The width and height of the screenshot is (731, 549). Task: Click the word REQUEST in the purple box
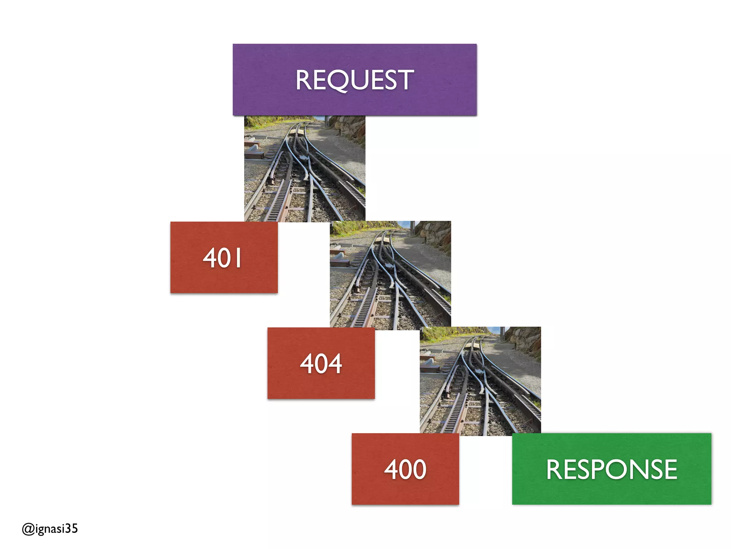point(354,80)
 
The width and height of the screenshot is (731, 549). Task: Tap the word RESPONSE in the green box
point(611,469)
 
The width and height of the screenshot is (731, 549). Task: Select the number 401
point(222,258)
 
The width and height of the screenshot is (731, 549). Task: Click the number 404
point(321,363)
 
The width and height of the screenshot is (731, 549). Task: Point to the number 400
point(405,469)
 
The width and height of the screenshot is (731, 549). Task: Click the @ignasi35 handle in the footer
point(50,528)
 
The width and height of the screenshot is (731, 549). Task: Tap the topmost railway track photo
point(304,168)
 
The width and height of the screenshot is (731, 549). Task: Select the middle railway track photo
point(390,274)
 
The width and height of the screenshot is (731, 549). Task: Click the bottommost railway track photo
point(480,381)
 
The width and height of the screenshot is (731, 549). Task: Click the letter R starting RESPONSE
point(554,469)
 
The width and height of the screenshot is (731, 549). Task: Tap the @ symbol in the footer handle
point(28,529)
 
